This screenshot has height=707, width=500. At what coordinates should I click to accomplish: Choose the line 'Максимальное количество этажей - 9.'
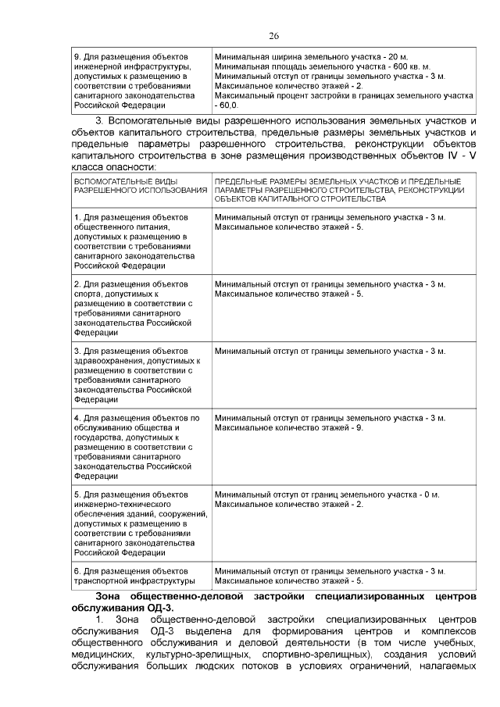[289, 427]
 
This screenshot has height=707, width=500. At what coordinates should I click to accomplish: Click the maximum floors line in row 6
[289, 581]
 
